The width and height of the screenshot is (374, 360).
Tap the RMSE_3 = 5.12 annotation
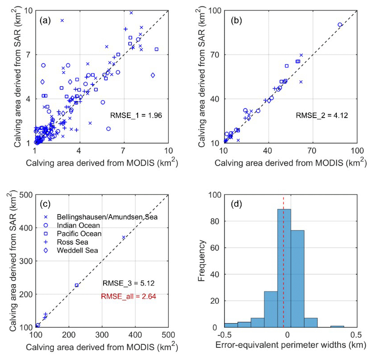(130, 283)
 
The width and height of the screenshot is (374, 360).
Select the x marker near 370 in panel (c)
(124, 237)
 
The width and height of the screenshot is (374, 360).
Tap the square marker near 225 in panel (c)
(77, 285)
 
